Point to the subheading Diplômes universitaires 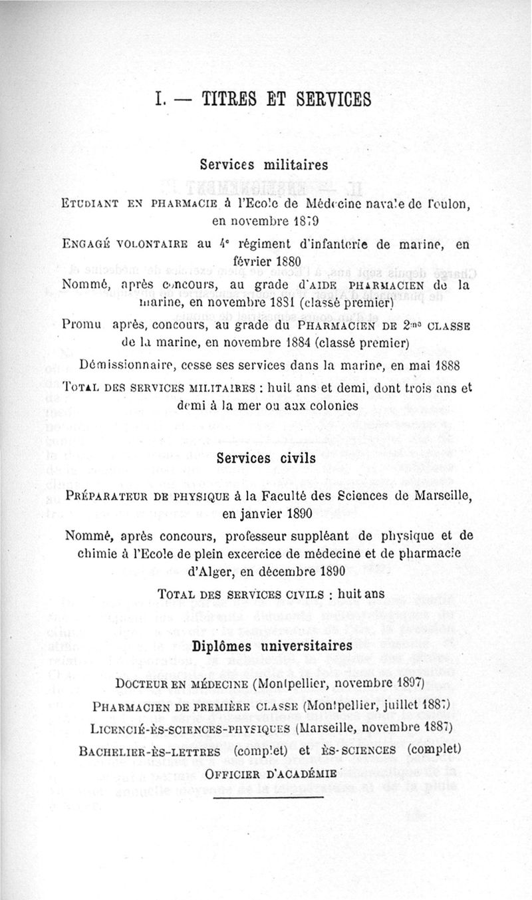click(x=271, y=646)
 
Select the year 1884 click(x=285, y=343)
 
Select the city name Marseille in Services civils click(x=433, y=496)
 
